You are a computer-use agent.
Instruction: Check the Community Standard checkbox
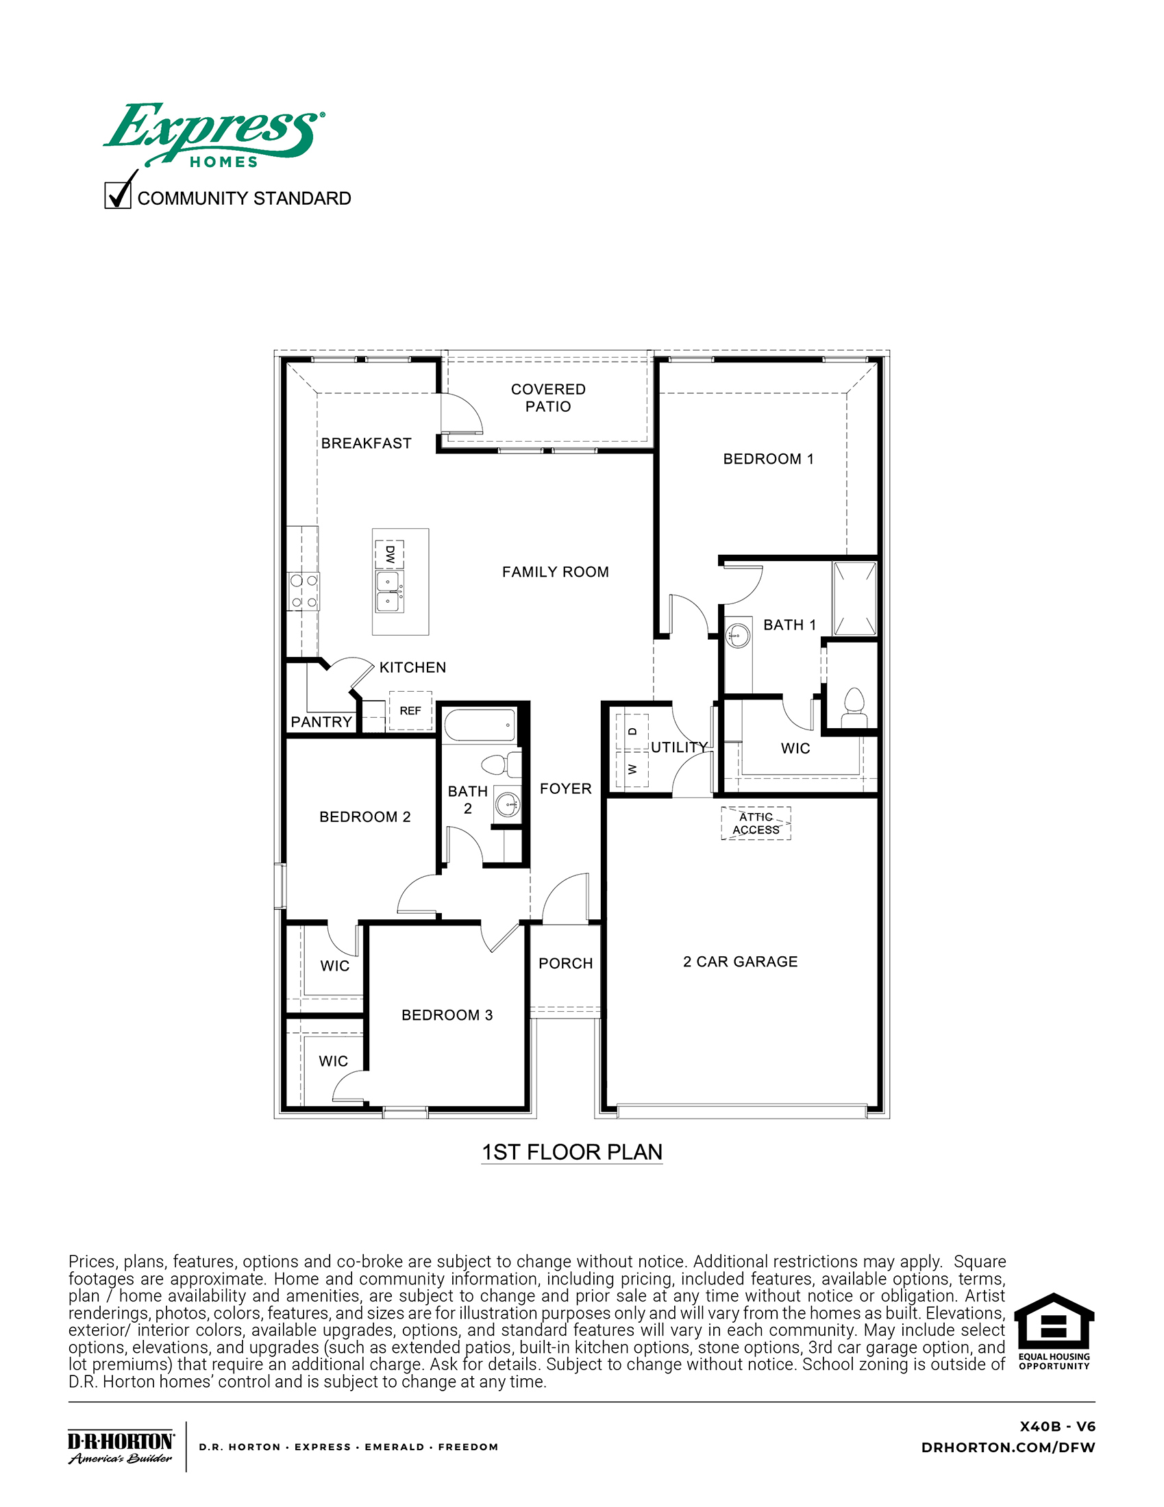[117, 195]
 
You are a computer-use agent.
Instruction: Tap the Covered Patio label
[548, 398]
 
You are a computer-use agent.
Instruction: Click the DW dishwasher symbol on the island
[390, 554]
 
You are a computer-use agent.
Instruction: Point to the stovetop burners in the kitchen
[304, 591]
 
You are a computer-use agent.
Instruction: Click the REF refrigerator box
[410, 711]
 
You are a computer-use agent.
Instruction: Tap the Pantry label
[321, 722]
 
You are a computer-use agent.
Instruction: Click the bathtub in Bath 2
[480, 725]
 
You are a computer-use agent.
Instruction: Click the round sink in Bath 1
[739, 633]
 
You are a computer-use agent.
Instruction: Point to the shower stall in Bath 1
[855, 598]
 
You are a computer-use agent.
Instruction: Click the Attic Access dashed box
[756, 823]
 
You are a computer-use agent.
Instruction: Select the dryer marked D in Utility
[633, 732]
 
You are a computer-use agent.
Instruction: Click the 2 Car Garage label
[741, 961]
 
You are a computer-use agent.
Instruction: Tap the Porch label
[565, 963]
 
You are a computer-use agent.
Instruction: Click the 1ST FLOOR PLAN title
[572, 1152]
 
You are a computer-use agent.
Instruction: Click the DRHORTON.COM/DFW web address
[1008, 1447]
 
